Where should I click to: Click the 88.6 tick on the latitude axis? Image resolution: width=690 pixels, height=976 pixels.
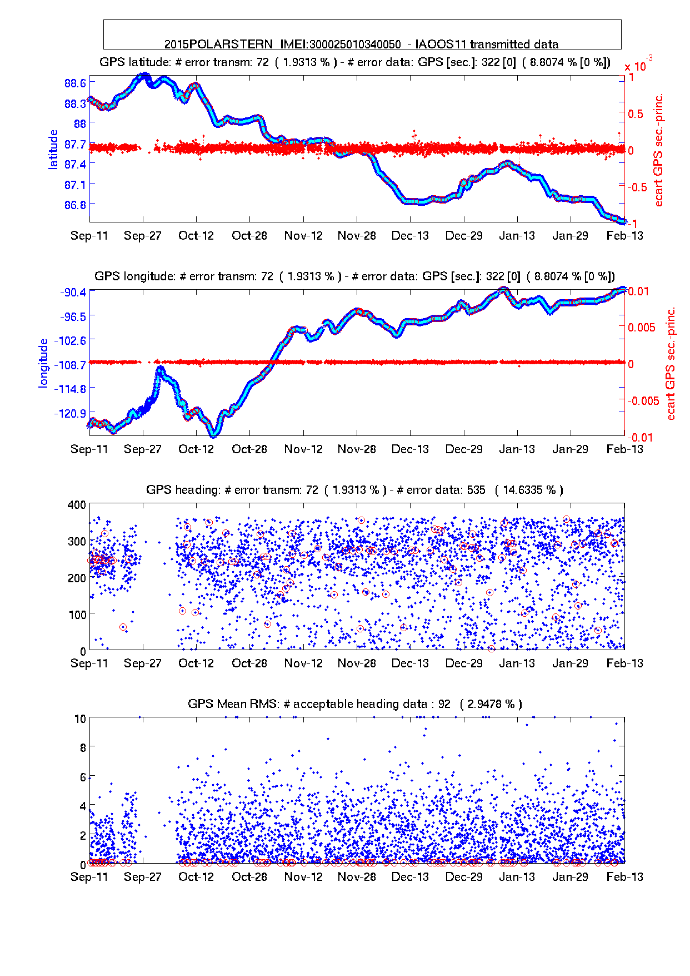tap(75, 83)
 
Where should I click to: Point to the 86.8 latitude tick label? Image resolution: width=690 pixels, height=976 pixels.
tap(75, 205)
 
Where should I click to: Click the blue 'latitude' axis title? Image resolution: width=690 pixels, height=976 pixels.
tap(53, 149)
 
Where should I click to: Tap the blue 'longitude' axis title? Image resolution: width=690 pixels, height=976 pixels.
tap(43, 363)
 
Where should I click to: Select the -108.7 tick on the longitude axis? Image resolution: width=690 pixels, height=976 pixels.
tap(70, 365)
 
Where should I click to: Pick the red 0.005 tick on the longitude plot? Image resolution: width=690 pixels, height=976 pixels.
tap(642, 328)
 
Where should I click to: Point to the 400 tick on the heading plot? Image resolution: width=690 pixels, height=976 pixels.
tap(77, 505)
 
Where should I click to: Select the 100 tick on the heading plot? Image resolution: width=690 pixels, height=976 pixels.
tap(77, 615)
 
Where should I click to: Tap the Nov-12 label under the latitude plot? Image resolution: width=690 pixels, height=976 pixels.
tap(303, 236)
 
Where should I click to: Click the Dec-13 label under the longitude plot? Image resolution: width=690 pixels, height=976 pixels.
tap(410, 449)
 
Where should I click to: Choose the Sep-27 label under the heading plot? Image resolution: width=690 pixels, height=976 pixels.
tap(143, 663)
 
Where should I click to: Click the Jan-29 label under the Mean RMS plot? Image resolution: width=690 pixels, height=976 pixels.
tap(570, 877)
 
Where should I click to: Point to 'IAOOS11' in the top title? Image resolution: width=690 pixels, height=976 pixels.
tap(442, 44)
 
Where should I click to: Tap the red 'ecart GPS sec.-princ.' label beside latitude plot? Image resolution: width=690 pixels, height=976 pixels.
tap(659, 150)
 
